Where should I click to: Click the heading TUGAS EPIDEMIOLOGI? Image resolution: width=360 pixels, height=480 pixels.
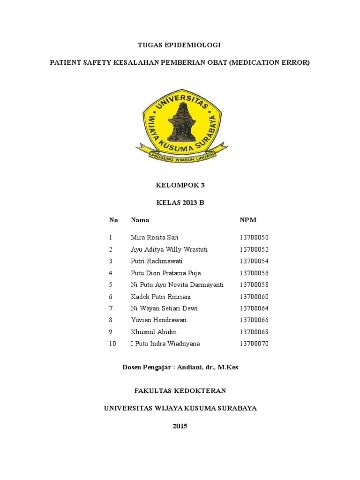179,45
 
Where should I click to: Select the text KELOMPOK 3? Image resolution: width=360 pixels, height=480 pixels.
180,185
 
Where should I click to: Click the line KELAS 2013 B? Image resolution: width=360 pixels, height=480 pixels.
180,203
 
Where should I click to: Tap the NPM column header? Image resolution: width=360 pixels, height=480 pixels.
248,220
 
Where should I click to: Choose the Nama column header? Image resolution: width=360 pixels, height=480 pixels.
140,220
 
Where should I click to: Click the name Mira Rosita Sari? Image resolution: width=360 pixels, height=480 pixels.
155,238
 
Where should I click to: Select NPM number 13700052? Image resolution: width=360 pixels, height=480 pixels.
254,249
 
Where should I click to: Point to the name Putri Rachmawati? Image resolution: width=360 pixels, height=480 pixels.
157,261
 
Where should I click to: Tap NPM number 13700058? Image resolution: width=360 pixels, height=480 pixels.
254,285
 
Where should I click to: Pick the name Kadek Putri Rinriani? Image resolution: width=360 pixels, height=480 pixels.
161,297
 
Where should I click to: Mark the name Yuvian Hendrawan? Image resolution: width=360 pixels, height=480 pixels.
158,320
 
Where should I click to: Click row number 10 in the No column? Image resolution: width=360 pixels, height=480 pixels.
112,344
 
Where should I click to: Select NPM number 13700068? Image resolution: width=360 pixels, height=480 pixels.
254,332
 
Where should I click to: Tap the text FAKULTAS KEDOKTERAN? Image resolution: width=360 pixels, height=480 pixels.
180,390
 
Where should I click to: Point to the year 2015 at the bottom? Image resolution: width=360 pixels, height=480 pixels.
180,426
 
